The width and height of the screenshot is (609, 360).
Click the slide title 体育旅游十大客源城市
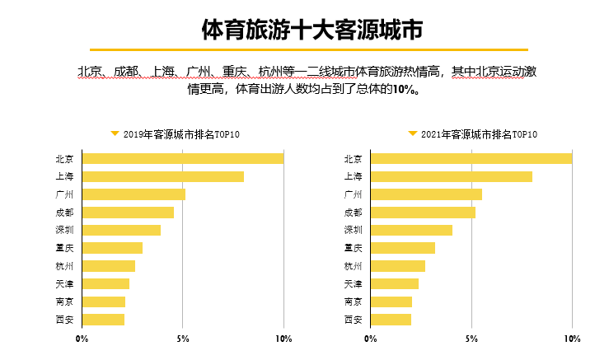(x=312, y=29)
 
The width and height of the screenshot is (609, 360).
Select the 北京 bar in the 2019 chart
(x=182, y=159)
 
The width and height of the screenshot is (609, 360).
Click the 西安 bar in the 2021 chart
(x=391, y=319)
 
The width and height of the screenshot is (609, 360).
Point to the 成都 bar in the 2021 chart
(x=423, y=213)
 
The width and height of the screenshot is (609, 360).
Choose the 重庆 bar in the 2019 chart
(x=112, y=248)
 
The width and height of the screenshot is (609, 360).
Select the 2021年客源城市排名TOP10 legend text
(x=479, y=134)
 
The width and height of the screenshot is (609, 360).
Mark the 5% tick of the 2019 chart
(x=183, y=339)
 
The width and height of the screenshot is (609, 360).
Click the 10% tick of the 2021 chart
(x=572, y=339)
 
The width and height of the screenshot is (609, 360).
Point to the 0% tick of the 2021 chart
(x=371, y=339)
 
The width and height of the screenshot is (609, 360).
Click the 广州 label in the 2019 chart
(x=64, y=194)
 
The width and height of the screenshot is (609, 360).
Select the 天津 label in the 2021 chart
(x=353, y=283)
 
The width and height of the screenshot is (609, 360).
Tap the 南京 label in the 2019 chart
(x=64, y=302)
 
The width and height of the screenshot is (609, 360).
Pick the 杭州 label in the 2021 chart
(x=353, y=266)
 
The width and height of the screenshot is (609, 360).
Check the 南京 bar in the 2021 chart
(x=391, y=302)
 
